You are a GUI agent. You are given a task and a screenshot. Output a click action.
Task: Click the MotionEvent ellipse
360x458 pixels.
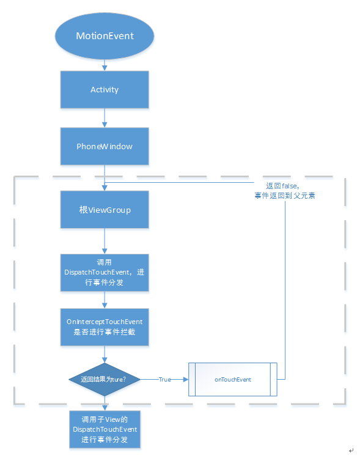[x=105, y=36]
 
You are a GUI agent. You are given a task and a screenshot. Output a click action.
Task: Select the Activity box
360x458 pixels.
[x=105, y=90]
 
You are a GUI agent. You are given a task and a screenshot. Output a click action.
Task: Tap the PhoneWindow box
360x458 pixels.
[x=105, y=146]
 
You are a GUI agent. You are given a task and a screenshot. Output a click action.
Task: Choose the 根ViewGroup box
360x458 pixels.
[x=105, y=209]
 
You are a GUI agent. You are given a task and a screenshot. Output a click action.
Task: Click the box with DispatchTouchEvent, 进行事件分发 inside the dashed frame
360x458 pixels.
[x=105, y=273]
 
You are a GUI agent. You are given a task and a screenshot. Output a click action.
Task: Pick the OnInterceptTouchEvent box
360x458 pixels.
[x=105, y=327]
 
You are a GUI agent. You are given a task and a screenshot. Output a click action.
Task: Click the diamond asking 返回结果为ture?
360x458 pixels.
[x=105, y=380]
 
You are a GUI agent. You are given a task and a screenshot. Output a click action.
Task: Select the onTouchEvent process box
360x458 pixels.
[x=233, y=380]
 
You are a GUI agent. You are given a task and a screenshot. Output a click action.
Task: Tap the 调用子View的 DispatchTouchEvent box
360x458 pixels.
[x=105, y=429]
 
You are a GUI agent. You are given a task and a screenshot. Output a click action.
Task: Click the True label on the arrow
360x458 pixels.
[x=165, y=380]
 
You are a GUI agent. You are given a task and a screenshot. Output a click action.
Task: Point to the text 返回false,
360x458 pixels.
[x=282, y=186]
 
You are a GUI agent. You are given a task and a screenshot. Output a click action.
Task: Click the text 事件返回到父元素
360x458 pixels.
[x=285, y=196]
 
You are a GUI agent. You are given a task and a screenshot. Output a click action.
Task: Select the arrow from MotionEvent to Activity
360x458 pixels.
[x=105, y=65]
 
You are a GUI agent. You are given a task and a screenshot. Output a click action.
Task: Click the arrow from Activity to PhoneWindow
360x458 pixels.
[x=105, y=118]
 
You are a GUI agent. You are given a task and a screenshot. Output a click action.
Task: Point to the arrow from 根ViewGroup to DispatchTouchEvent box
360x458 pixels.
[x=105, y=241]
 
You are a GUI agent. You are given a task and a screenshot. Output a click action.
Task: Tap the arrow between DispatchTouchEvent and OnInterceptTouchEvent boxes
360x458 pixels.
[x=105, y=300]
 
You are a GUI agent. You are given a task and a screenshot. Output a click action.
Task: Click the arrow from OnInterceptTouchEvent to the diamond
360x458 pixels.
[x=105, y=354]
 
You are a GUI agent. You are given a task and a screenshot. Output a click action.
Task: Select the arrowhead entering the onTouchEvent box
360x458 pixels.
[x=186, y=380]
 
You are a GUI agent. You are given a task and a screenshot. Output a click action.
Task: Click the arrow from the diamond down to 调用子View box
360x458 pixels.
[x=105, y=404]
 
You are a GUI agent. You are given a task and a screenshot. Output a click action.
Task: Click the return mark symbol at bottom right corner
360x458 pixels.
[x=351, y=451]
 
